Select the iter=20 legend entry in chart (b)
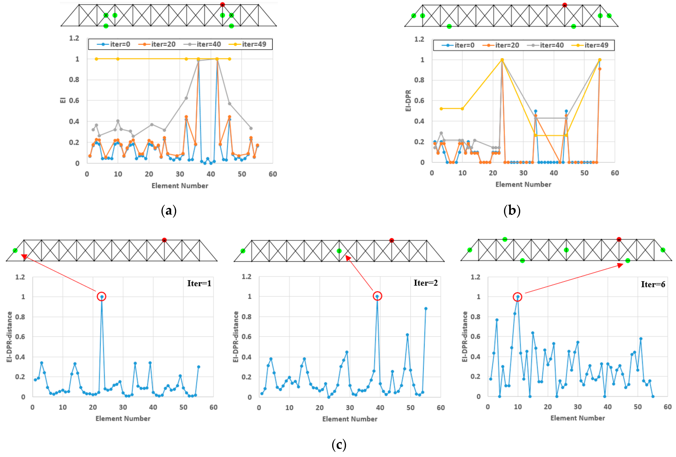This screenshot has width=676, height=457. (501, 45)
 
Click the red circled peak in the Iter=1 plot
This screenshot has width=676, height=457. (101, 296)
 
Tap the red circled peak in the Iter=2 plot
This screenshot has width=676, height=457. (377, 296)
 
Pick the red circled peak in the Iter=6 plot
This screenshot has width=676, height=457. (518, 297)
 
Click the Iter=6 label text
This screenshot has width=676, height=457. (653, 284)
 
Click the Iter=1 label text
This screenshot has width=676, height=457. (199, 283)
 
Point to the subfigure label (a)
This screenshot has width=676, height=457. (169, 210)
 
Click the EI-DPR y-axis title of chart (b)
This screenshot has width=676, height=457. (408, 101)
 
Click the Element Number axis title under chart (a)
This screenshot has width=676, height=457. (180, 186)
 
